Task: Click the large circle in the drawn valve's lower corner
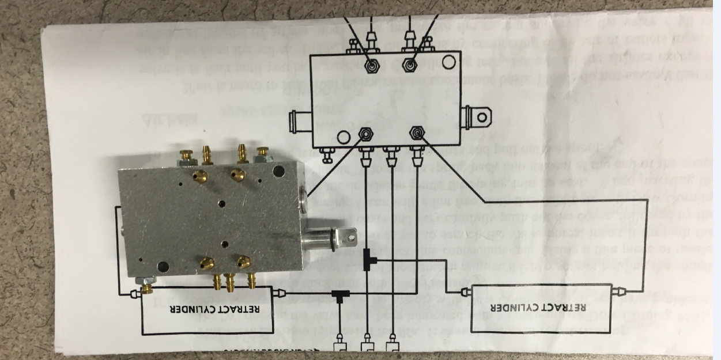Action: (343, 137)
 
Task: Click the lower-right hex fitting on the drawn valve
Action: (416, 135)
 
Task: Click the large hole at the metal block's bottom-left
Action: (163, 266)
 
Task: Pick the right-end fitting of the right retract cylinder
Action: (620, 291)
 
